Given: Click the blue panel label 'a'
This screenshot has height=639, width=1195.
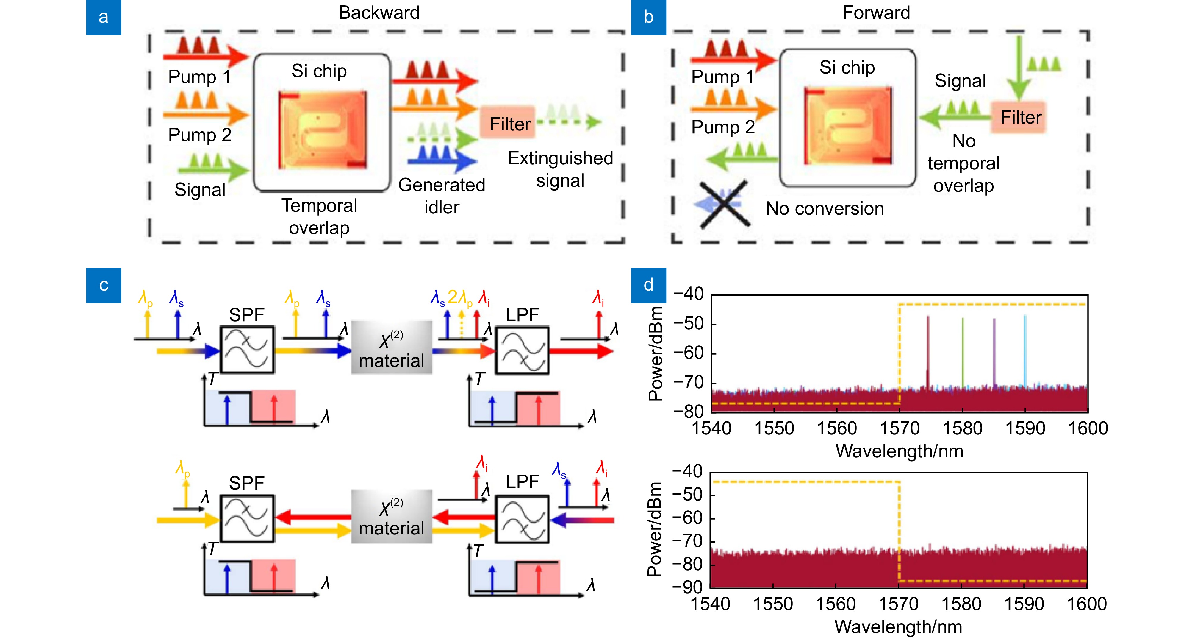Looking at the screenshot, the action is (104, 17).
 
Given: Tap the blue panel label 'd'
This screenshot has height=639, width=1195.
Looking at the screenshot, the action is (648, 285).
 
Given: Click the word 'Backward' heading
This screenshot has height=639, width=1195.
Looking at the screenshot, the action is (379, 13).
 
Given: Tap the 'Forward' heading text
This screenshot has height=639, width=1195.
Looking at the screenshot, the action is (876, 13).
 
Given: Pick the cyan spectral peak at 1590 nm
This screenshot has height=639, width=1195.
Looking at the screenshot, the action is (1025, 350).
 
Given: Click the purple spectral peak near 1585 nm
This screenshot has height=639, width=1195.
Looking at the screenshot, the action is (994, 352).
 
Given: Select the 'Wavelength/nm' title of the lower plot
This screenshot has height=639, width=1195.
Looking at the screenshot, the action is (898, 627).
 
